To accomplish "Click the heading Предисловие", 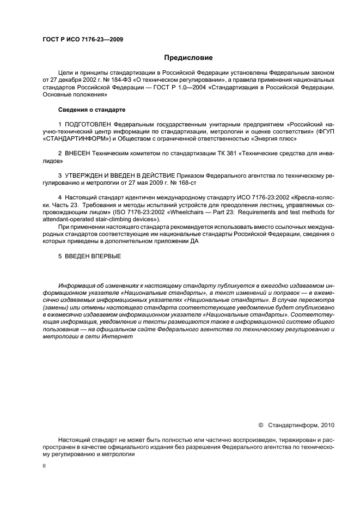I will point(188,57).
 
